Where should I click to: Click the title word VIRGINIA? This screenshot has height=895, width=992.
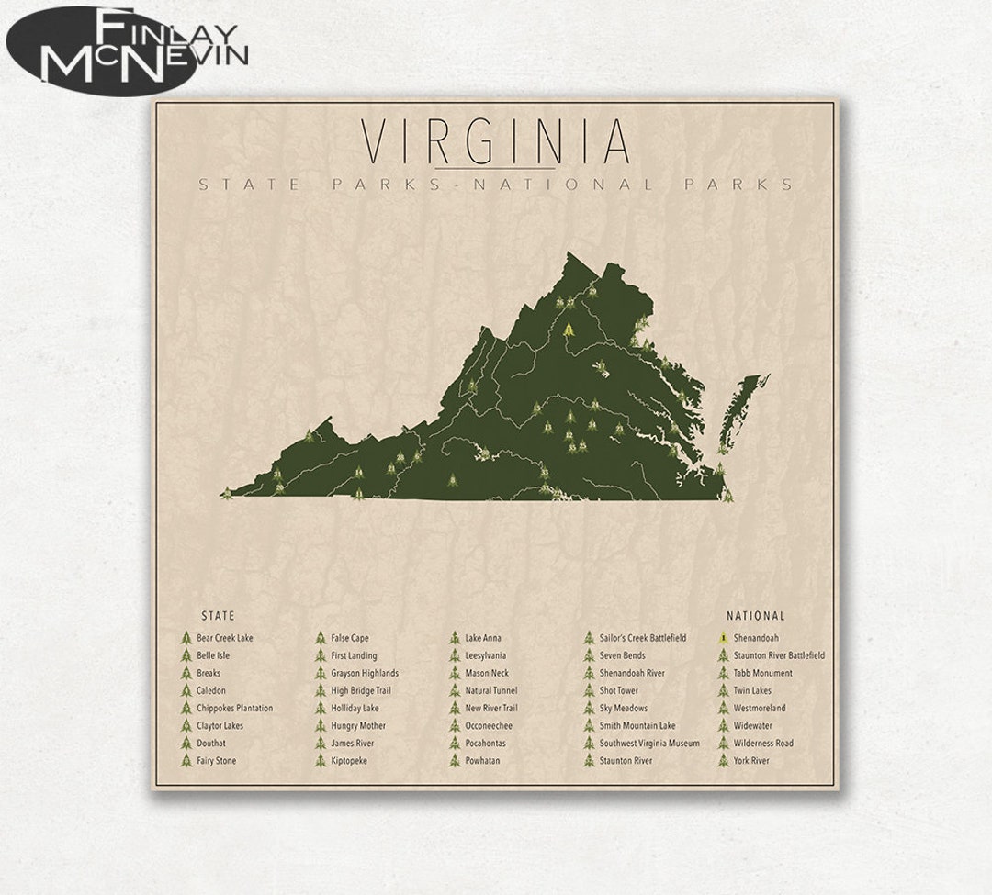pyautogui.click(x=496, y=141)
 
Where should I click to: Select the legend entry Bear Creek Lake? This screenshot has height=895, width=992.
pyautogui.click(x=224, y=638)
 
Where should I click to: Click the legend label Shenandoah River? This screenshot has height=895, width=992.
pyautogui.click(x=632, y=673)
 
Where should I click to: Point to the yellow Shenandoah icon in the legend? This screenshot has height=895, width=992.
pyautogui.click(x=724, y=638)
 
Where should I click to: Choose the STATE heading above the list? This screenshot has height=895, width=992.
pyautogui.click(x=218, y=616)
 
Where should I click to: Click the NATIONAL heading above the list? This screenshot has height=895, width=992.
pyautogui.click(x=755, y=616)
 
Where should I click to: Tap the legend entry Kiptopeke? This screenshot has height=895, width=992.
pyautogui.click(x=349, y=761)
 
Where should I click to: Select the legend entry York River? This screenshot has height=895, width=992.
pyautogui.click(x=751, y=761)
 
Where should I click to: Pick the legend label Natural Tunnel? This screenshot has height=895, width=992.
pyautogui.click(x=490, y=690)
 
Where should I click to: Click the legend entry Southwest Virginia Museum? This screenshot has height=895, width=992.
pyautogui.click(x=648, y=744)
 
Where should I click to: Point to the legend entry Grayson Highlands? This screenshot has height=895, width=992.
pyautogui.click(x=365, y=673)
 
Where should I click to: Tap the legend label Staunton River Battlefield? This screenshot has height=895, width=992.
pyautogui.click(x=779, y=655)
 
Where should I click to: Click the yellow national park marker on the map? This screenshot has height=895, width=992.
pyautogui.click(x=570, y=328)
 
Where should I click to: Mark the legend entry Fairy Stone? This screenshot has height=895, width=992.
pyautogui.click(x=216, y=761)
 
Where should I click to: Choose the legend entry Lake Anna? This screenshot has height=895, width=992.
pyautogui.click(x=483, y=638)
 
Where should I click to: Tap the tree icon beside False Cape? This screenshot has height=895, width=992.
pyautogui.click(x=321, y=638)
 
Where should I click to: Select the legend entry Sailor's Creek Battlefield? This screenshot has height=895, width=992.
pyautogui.click(x=642, y=638)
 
